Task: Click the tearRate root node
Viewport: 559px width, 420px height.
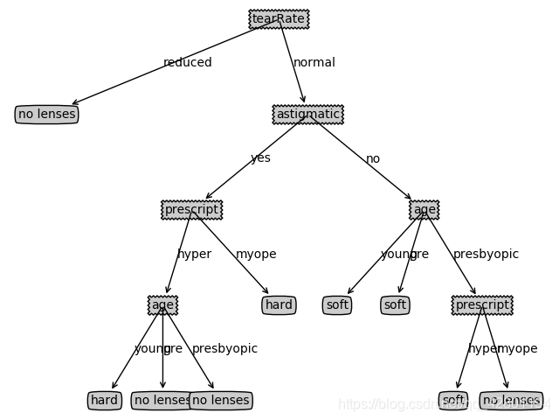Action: click(279, 18)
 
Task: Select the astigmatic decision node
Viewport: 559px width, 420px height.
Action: click(307, 115)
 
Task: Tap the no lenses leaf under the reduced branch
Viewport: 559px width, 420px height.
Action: click(46, 115)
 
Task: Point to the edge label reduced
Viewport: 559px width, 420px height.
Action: click(187, 62)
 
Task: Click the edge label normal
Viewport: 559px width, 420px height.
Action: click(314, 62)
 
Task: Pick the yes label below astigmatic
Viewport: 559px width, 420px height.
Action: click(260, 158)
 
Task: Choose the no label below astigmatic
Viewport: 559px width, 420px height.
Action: click(373, 158)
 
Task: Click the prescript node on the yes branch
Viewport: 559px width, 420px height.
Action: click(192, 210)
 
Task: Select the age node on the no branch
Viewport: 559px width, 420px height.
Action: click(424, 210)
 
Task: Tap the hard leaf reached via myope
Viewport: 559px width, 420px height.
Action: click(279, 305)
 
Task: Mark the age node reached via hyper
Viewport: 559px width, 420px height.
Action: click(162, 305)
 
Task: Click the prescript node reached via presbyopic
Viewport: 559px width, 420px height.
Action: click(482, 305)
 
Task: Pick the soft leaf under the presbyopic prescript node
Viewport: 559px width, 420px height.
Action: click(453, 401)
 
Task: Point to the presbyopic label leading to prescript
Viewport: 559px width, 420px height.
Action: click(486, 254)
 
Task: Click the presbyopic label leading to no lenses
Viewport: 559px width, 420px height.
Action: click(224, 348)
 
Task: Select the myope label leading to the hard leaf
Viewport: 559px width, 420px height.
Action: click(256, 254)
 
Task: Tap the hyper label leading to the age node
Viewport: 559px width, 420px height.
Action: click(194, 254)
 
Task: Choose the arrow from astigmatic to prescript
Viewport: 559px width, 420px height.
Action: click(253, 163)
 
